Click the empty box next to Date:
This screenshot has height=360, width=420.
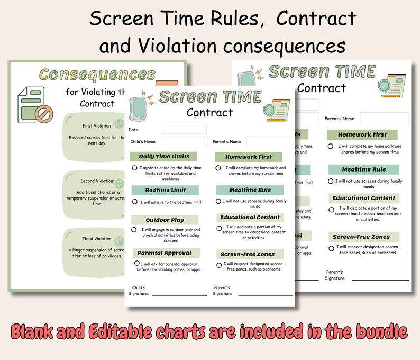click(x=184, y=129)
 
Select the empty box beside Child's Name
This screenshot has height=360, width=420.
click(x=184, y=141)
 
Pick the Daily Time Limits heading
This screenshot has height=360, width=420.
click(x=160, y=157)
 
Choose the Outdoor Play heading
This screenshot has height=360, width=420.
click(x=165, y=220)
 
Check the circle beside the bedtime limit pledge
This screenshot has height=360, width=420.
click(x=135, y=202)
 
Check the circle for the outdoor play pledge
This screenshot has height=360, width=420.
click(x=134, y=230)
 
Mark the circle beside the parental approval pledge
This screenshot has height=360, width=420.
click(x=136, y=263)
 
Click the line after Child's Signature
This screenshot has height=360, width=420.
click(x=179, y=294)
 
